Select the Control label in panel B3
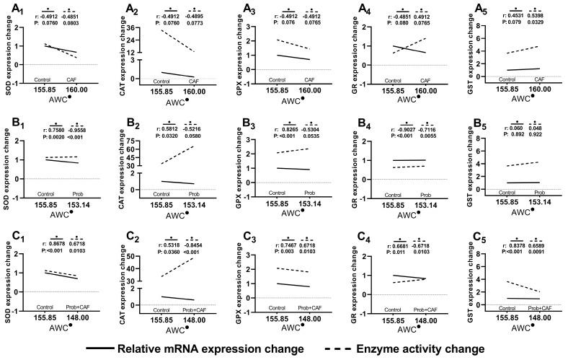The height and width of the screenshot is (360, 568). tap(273, 193)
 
